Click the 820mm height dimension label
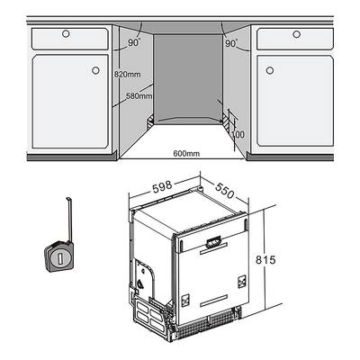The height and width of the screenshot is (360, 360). coord(127,74)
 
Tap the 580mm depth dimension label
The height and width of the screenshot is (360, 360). coord(139,96)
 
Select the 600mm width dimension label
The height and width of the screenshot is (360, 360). coord(186,154)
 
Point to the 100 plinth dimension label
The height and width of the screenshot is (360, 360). coord(238,134)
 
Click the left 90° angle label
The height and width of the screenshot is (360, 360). coord(134,42)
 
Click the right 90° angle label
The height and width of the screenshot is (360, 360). coord(231,43)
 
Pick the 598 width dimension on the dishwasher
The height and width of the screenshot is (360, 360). coord(162,186)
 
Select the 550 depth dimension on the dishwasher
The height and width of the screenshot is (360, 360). coord(224,190)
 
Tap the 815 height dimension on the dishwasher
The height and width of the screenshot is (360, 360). coord(265,259)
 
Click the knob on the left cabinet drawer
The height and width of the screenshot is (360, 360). coord(66,33)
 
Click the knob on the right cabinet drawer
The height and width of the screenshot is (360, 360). coord(296,34)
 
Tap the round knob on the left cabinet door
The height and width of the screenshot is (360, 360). coord(95,70)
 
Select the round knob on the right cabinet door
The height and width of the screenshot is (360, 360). coord(270,70)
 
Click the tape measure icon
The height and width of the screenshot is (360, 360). coord(59,256)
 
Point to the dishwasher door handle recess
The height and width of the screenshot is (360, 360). coord(213,241)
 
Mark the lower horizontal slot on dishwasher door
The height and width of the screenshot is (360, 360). coord(213,301)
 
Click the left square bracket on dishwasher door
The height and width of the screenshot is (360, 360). coord(185,300)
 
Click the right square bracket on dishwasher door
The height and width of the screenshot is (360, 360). coord(242,281)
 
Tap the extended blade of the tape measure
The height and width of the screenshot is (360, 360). coord(70,220)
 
